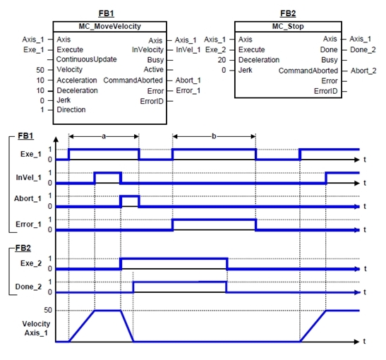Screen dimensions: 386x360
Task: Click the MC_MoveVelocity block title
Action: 110,26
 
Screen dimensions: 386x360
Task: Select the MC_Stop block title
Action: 288,26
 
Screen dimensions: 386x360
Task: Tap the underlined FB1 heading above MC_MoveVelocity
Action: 106,13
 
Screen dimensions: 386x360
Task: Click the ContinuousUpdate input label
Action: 86,59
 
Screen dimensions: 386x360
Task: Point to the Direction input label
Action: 71,109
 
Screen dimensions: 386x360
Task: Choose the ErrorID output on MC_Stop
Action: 326,91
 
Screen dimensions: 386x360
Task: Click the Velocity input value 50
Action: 40,70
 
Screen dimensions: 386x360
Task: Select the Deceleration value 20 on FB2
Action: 222,60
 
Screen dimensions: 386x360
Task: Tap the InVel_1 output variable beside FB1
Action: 188,49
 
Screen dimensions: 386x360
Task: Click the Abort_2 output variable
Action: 363,71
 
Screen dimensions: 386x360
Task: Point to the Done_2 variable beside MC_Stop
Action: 363,49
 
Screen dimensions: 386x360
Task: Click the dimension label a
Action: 104,136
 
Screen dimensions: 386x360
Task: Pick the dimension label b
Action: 214,136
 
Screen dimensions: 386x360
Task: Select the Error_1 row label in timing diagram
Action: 28,224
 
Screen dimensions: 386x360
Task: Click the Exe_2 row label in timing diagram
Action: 31,263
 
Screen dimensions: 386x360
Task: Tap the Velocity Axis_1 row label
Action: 36,328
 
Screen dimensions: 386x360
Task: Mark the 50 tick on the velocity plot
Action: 48,310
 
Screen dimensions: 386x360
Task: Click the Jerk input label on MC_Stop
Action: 245,70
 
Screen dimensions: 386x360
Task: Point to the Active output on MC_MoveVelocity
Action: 153,70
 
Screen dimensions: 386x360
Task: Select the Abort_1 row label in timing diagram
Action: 28,198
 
